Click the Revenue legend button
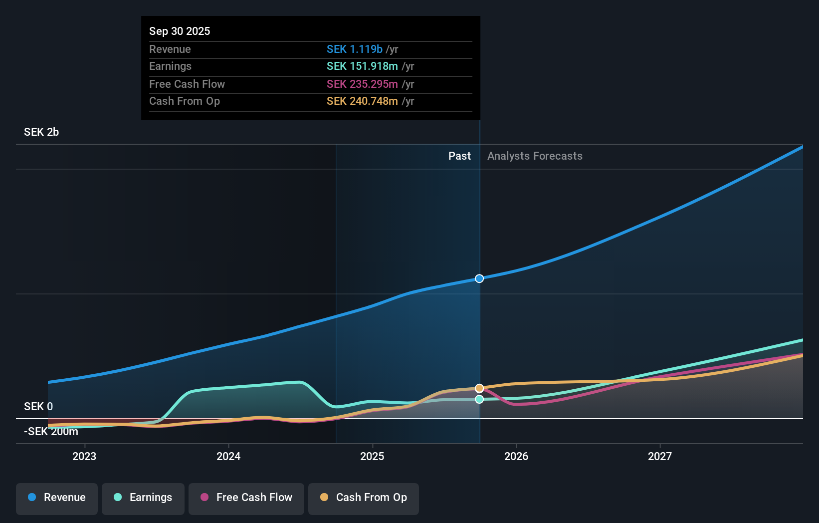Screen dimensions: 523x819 tap(57, 498)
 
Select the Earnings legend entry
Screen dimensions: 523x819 tap(143, 498)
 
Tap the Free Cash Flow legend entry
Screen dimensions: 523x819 tap(246, 498)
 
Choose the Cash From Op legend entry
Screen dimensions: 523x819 tap(364, 498)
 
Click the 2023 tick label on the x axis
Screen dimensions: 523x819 tap(84, 456)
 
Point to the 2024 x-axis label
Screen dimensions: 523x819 tap(228, 456)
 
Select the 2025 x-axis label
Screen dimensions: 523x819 tap(372, 456)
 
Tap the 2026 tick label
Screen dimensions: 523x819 tap(516, 456)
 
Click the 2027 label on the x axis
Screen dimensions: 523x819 tap(660, 456)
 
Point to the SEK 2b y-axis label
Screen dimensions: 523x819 tap(41, 132)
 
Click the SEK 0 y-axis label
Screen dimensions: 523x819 tap(38, 407)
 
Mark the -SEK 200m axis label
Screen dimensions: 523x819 tap(51, 432)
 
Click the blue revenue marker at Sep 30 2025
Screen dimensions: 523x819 tap(479, 278)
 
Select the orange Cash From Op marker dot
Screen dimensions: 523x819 tap(479, 388)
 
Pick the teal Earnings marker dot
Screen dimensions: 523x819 tap(479, 399)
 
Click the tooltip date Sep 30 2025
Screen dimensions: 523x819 tap(180, 31)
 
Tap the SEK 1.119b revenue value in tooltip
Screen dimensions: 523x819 tap(355, 49)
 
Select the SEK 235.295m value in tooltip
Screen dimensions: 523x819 tap(362, 84)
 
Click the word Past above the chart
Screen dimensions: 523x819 tap(459, 156)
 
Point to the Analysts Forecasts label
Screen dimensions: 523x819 tap(535, 156)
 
